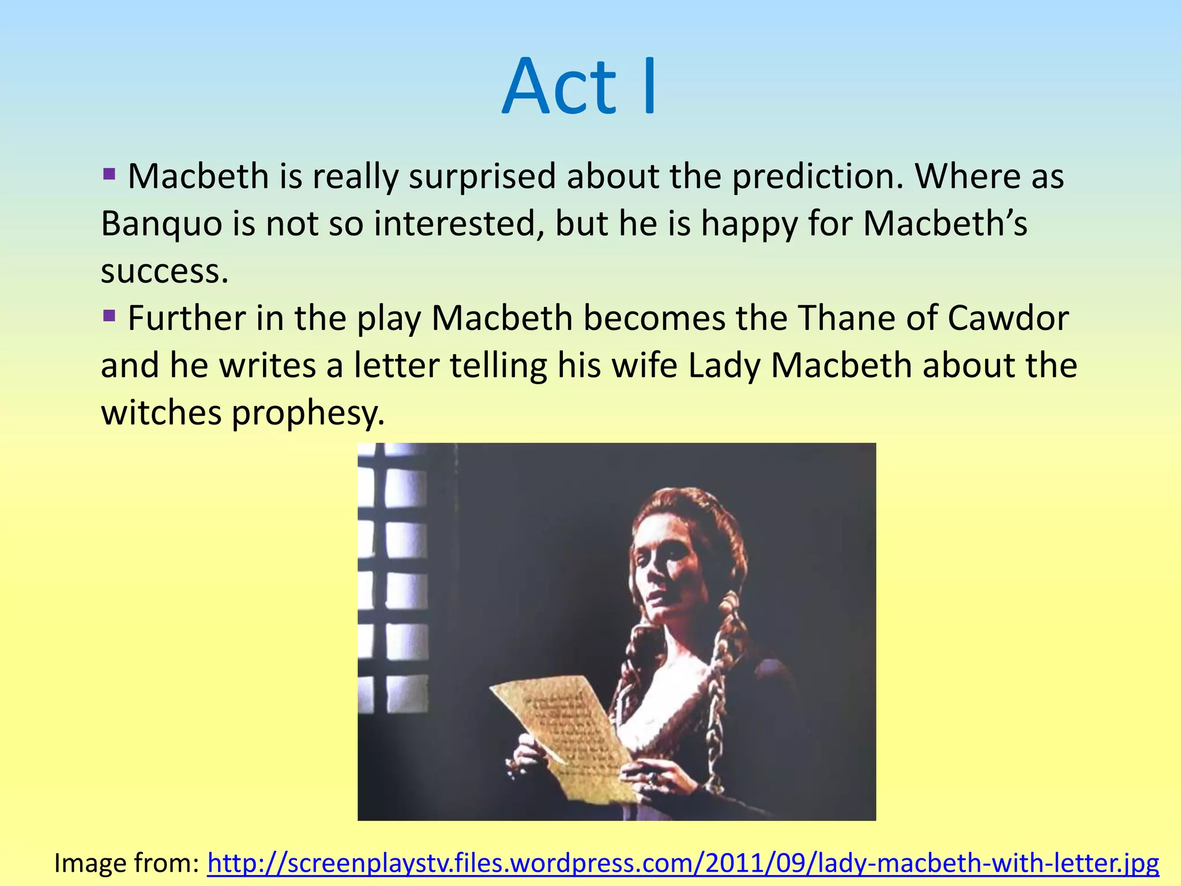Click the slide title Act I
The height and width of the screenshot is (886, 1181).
[x=580, y=87]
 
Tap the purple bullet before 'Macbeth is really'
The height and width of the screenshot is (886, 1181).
[x=110, y=174]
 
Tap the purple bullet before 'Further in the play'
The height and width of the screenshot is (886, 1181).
[x=110, y=316]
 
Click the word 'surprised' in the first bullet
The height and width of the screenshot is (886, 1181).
[x=482, y=177]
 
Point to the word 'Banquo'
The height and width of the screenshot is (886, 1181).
[x=161, y=224]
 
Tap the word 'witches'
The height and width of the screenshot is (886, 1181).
[x=161, y=413]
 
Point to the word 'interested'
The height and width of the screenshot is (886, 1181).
[x=458, y=224]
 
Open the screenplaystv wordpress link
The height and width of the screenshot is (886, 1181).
[x=683, y=864]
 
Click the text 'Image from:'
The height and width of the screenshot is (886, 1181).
[x=126, y=864]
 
